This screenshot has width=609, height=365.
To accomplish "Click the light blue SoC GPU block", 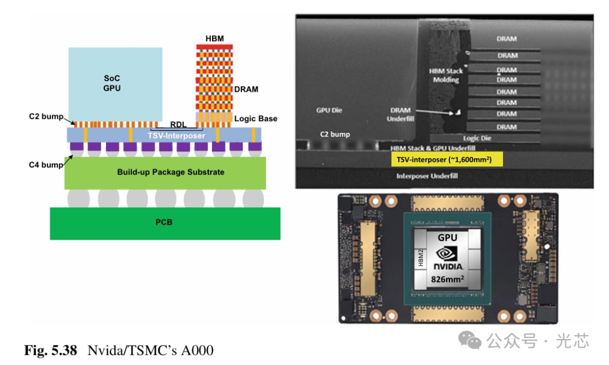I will pyautogui.click(x=115, y=82).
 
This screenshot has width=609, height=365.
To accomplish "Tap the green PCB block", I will pyautogui.click(x=165, y=223).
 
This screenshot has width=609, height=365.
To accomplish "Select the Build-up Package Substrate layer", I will pyautogui.click(x=165, y=172).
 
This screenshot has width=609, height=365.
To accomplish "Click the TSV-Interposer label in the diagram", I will pyautogui.click(x=176, y=136).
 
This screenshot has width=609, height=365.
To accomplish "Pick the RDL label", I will pyautogui.click(x=179, y=124).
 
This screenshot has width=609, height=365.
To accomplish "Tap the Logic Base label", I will pyautogui.click(x=255, y=119).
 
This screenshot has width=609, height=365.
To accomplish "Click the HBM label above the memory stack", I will pyautogui.click(x=214, y=38).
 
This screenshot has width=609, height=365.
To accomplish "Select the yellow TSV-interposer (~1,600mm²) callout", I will pyautogui.click(x=446, y=160).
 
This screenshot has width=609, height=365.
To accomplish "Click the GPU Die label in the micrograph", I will pyautogui.click(x=329, y=110).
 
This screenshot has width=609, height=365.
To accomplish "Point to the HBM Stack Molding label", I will pyautogui.click(x=447, y=75).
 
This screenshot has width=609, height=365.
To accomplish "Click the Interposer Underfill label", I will pyautogui.click(x=427, y=176).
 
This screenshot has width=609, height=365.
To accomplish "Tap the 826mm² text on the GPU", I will pyautogui.click(x=448, y=278).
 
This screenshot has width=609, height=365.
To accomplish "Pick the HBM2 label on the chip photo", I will pyautogui.click(x=420, y=259).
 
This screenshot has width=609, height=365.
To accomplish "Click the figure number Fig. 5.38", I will pyautogui.click(x=50, y=350).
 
